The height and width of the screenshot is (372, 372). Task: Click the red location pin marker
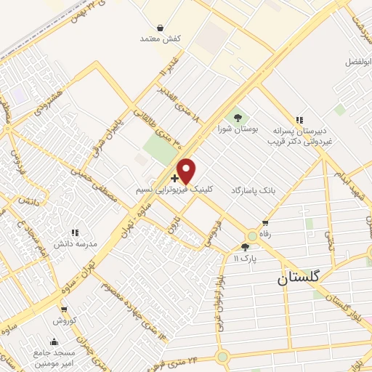[187, 171]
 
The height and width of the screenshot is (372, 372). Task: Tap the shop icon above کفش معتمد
[149, 26]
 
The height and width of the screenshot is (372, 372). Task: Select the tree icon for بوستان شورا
[235, 116]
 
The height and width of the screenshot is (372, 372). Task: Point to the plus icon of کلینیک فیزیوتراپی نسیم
[174, 178]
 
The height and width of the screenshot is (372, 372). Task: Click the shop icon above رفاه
[265, 223]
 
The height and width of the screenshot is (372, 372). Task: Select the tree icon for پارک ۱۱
[245, 247]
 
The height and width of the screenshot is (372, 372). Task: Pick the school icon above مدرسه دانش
[75, 232]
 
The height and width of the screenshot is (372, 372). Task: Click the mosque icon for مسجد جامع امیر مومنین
[53, 341]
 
